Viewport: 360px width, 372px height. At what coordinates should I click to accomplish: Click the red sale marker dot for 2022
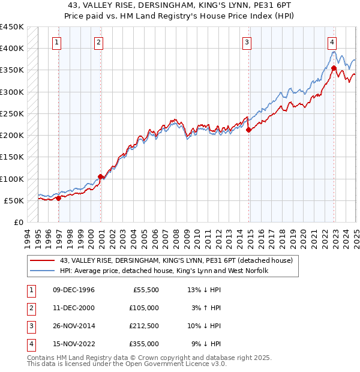(333, 68)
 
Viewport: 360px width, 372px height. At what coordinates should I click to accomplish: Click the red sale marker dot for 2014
(248, 130)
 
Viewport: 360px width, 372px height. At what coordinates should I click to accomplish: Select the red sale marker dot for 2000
(100, 176)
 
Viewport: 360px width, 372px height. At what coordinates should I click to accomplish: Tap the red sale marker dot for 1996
(58, 198)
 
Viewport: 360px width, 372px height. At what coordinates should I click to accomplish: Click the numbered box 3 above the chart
(247, 42)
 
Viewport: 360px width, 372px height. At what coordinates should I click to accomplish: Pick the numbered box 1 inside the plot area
(56, 42)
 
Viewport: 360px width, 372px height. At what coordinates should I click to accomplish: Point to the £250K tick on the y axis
(12, 113)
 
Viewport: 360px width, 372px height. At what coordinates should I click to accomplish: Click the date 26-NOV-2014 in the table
(74, 326)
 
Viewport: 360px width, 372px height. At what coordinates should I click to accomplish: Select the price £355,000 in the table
(143, 344)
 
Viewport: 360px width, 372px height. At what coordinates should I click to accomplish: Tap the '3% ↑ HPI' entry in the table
(207, 308)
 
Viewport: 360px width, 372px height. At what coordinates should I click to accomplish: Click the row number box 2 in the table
(30, 308)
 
